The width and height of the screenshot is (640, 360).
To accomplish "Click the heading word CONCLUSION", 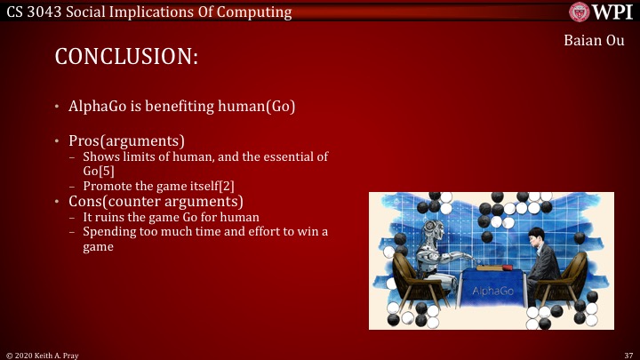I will pos(125,56).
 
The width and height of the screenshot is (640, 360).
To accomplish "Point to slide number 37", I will pos(628,354).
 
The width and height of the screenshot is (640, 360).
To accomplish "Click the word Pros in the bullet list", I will pos(85,141).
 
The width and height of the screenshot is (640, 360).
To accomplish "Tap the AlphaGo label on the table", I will pos(492,290).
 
